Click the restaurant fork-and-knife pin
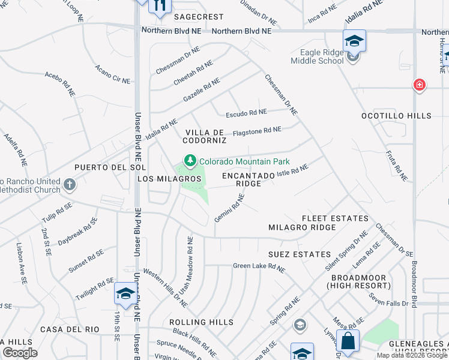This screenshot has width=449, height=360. coord(160,5)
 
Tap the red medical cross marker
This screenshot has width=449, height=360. coord(420,85)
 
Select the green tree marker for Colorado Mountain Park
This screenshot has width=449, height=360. coord(190,161)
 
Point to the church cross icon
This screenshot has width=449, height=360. coord(70,184)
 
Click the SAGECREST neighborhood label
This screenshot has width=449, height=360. coord(199,17)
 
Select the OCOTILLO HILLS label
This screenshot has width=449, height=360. coord(396,116)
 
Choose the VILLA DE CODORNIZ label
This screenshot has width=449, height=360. coord(205,136)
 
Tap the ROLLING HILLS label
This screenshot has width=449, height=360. coord(201,322)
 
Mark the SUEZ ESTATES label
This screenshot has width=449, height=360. coord(299,254)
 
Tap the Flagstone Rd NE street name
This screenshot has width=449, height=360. coord(257,130)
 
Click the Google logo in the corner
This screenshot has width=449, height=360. coord(20,353)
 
